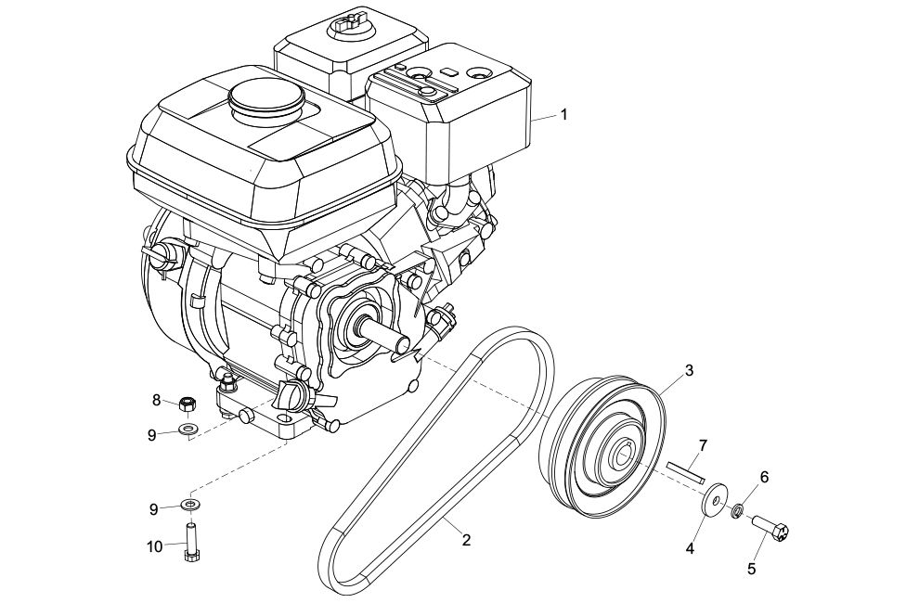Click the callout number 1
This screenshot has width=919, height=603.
tap(563, 114)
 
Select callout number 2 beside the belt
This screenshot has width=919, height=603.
tap(466, 540)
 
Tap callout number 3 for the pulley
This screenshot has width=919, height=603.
tap(689, 370)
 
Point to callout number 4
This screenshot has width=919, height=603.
tap(690, 548)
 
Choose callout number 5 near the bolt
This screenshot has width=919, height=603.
tap(751, 568)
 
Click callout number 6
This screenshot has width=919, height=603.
tap(764, 477)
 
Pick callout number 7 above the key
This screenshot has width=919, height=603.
tap(704, 446)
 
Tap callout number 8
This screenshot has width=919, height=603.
tap(156, 400)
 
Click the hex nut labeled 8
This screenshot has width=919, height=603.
tap(187, 404)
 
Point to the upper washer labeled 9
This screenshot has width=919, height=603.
tap(188, 430)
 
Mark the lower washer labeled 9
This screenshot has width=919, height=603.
tap(188, 503)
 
